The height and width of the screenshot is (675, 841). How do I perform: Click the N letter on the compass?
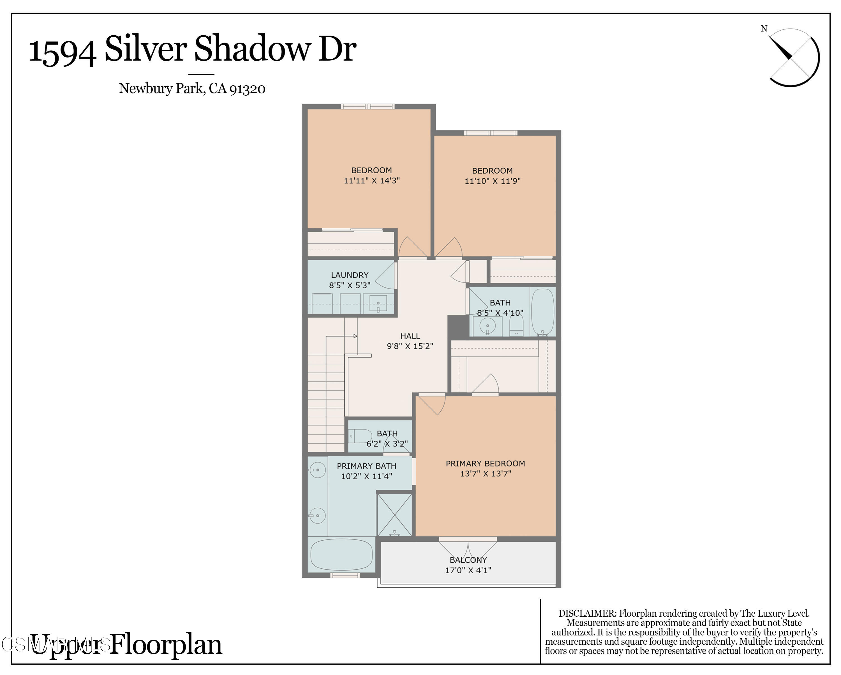tap(764, 29)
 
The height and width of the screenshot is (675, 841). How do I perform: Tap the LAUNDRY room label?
tap(350, 275)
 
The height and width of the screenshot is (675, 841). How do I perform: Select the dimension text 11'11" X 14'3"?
tap(371, 180)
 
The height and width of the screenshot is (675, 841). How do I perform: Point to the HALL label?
tap(410, 336)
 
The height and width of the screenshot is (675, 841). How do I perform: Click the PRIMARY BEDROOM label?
tap(485, 463)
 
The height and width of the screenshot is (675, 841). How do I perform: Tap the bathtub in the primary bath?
tap(341, 554)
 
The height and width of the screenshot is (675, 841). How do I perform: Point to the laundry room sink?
tap(378, 303)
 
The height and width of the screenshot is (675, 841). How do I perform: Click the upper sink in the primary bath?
tap(318, 470)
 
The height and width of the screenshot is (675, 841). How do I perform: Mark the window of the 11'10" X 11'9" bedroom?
tap(490, 133)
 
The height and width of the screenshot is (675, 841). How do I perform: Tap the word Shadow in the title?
tap(253, 49)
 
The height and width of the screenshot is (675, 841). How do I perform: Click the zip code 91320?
tap(247, 89)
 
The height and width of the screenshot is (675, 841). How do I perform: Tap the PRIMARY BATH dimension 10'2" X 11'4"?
tap(366, 476)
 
